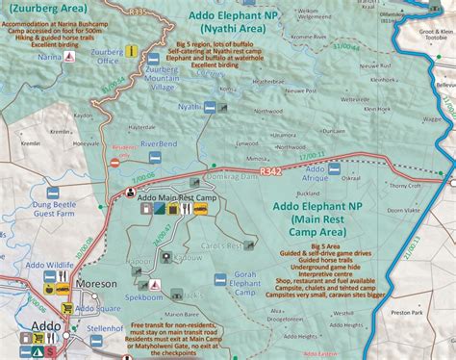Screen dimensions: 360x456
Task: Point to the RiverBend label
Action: point(159,144)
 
